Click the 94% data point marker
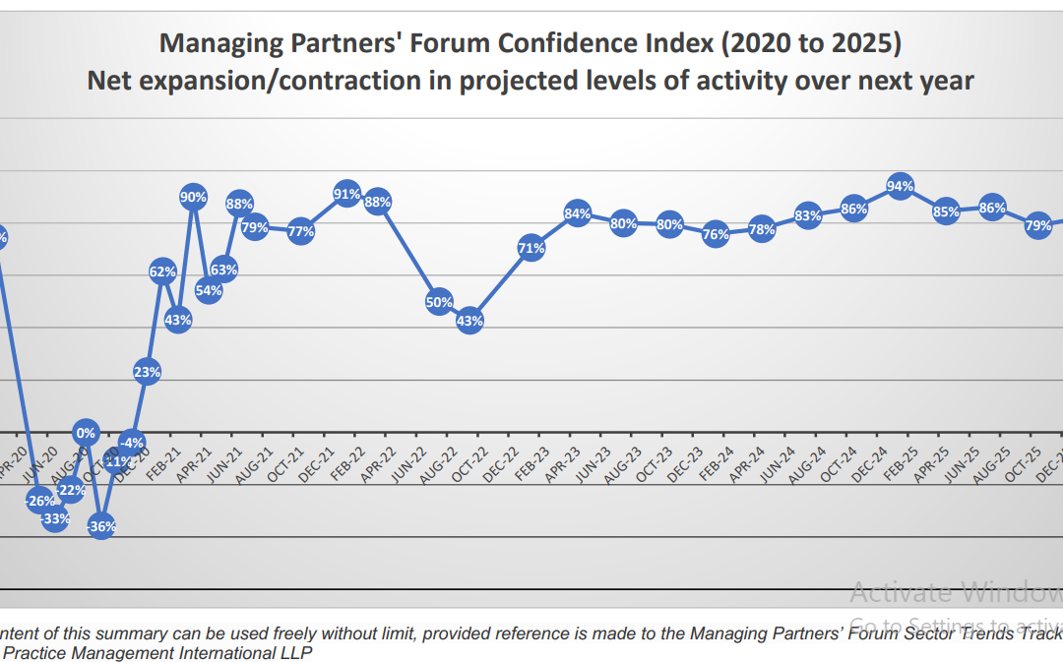click(900, 186)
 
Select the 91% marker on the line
click(346, 194)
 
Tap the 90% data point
click(193, 197)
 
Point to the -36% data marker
click(101, 526)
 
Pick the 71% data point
click(531, 249)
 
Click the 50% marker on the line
click(439, 302)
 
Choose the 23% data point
click(148, 372)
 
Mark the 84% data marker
click(578, 213)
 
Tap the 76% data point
click(717, 234)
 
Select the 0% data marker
click(87, 433)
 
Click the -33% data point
click(55, 518)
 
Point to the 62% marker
click(162, 271)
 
